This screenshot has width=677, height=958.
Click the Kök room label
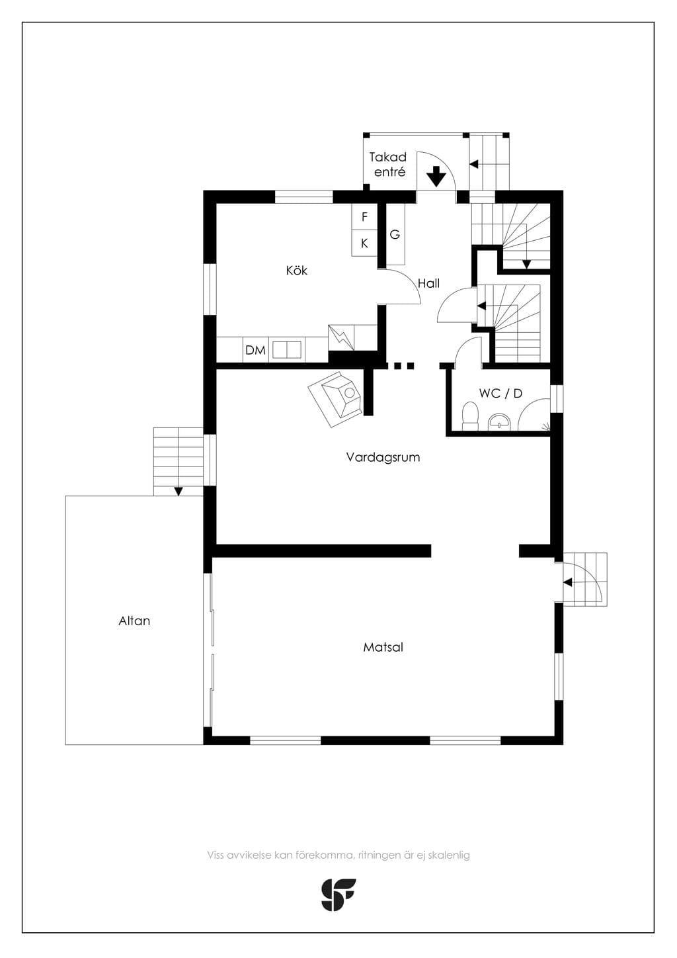point(297,271)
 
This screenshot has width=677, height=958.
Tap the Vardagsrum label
point(383,457)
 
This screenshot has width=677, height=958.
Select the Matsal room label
point(383,647)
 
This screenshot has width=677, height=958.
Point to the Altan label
point(134,621)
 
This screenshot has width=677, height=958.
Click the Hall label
point(428,283)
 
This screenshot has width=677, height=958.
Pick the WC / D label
point(500,393)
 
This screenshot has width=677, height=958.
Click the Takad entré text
point(387,165)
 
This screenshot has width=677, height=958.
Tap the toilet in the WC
point(469,415)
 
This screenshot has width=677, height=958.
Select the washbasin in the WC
point(498,421)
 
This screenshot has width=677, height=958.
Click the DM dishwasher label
point(256,350)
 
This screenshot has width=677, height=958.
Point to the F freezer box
point(364,217)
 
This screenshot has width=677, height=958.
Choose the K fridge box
point(364,243)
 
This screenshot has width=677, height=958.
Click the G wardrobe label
point(395,234)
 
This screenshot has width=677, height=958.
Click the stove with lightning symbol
point(341,338)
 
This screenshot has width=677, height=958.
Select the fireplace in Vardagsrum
point(335,399)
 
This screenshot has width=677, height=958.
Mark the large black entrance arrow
point(436,176)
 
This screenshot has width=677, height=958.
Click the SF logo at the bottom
point(338,894)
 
